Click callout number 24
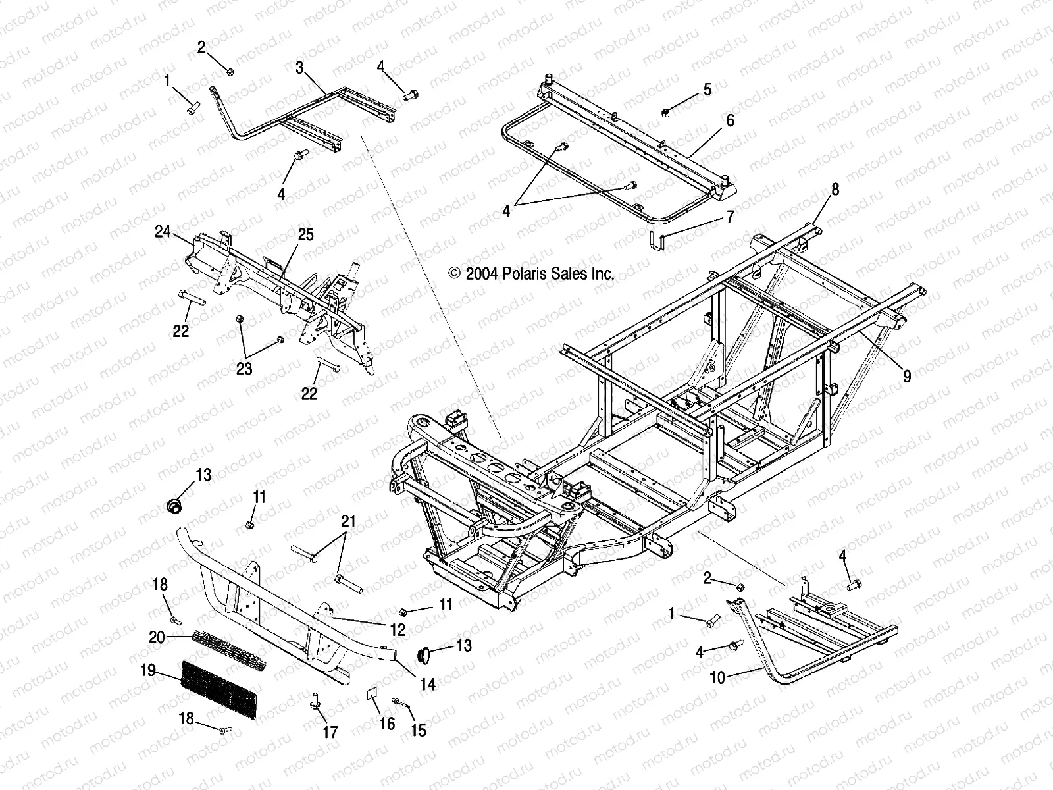(163, 231)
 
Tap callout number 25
(305, 234)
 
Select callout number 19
(147, 670)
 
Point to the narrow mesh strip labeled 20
(230, 648)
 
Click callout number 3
(299, 67)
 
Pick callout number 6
(730, 120)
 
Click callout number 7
(729, 216)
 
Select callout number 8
(835, 190)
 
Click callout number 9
(907, 376)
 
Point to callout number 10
(718, 677)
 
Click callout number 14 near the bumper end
(428, 684)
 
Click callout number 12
(397, 629)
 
